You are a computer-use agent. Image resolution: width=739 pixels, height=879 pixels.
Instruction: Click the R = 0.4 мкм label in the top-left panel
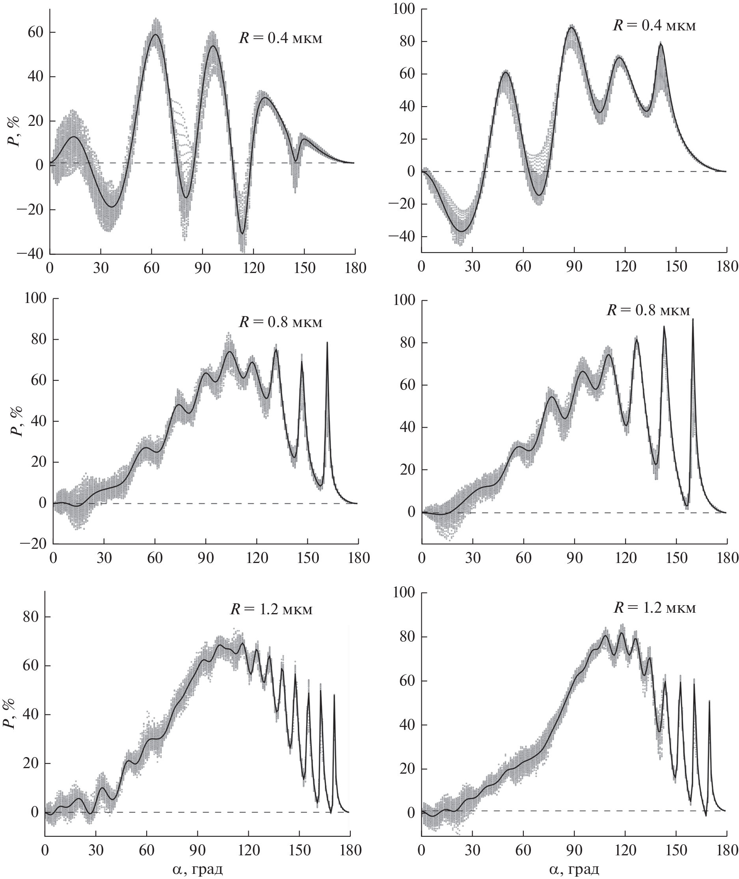click(280, 39)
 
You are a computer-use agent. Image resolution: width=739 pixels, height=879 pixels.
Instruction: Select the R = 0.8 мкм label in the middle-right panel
click(648, 310)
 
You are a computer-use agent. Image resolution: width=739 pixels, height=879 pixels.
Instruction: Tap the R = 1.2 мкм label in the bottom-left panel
click(271, 609)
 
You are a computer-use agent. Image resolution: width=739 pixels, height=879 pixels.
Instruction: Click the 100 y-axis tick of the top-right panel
click(404, 9)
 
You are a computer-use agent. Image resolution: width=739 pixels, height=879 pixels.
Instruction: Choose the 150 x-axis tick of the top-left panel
click(304, 268)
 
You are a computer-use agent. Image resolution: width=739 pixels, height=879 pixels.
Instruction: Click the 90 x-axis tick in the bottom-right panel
click(574, 850)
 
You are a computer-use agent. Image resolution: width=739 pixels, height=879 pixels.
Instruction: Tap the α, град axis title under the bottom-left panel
click(197, 869)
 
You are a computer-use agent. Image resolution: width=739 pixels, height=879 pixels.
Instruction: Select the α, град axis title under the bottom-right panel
click(573, 869)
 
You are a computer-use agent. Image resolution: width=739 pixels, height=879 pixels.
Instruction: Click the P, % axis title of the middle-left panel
click(17, 421)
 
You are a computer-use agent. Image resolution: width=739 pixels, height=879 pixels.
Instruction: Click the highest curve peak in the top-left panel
click(155, 35)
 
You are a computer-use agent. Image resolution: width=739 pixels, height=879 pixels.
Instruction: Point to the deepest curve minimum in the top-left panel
click(242, 233)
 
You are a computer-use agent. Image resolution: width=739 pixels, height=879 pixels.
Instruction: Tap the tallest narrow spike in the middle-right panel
click(692, 320)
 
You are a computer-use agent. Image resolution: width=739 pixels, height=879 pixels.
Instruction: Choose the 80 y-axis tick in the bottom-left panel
click(30, 617)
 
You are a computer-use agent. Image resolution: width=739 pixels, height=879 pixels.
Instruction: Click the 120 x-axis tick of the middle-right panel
click(625, 558)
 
